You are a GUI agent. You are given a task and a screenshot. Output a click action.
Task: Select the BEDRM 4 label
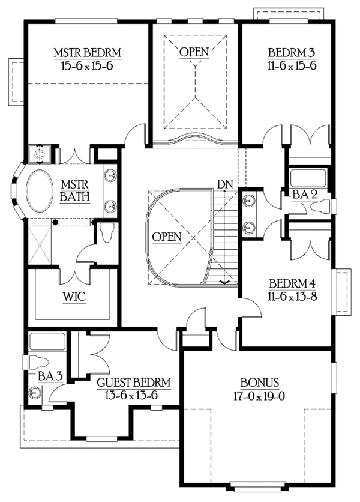292,283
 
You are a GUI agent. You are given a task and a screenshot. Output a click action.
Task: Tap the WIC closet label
74,297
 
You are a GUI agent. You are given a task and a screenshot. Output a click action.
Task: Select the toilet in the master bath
106,232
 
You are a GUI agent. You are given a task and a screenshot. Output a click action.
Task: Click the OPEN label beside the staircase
166,237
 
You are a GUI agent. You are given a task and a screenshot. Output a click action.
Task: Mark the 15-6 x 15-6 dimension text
88,67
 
